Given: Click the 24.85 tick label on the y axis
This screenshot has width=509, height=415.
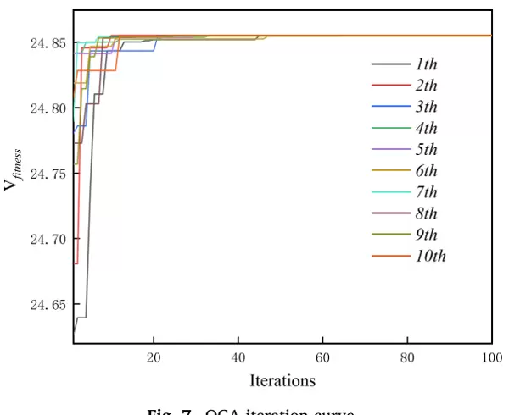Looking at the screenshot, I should coord(48,43).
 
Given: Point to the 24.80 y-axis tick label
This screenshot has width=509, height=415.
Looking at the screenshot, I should coord(48,108).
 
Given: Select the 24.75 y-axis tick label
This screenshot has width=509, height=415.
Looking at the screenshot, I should coord(48,174).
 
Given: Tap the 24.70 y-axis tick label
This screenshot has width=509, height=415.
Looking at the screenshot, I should coord(48,239).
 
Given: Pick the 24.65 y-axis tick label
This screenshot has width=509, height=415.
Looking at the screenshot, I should coord(48,304).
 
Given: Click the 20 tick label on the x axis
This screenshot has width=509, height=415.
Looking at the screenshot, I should coord(154,357).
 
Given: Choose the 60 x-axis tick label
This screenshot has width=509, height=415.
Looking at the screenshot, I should coord(323,357).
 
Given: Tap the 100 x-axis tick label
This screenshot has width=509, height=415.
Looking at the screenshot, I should coord(490,357).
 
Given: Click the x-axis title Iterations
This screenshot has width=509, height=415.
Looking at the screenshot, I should coord(282,380).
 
